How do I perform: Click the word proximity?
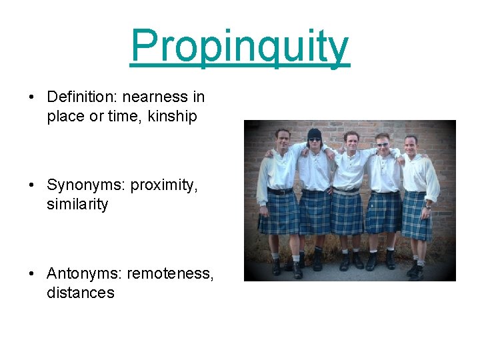click(x=164, y=185)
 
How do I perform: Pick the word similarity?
click(x=77, y=205)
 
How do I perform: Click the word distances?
click(x=80, y=293)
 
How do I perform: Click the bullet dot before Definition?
click(x=31, y=97)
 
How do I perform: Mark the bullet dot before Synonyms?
click(x=31, y=185)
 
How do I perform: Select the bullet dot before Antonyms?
click(x=31, y=273)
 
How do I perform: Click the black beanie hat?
click(x=314, y=133)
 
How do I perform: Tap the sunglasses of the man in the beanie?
click(x=314, y=140)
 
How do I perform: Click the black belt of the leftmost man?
click(x=279, y=191)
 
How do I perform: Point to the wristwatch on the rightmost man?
click(x=427, y=206)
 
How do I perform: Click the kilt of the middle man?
click(x=347, y=213)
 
